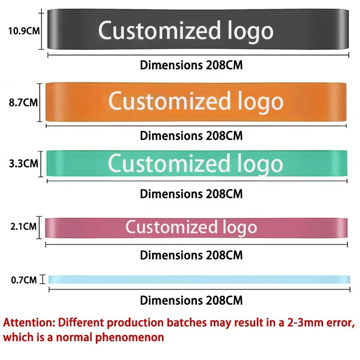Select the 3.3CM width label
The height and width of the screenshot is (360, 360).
coord(24,163)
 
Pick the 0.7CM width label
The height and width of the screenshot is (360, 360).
coord(24,279)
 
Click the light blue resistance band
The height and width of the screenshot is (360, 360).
coord(197,279)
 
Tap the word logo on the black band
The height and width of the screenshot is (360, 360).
coord(249,31)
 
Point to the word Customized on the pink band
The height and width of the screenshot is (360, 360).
coord(171,227)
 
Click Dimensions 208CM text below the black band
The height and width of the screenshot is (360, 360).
coord(191,65)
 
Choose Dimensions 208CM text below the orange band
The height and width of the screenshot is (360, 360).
coord(191,136)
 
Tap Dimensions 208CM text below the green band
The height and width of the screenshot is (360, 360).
coord(191,194)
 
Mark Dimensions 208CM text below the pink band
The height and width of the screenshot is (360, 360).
coord(191,255)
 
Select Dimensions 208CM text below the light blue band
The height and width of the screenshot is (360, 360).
coord(191,301)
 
